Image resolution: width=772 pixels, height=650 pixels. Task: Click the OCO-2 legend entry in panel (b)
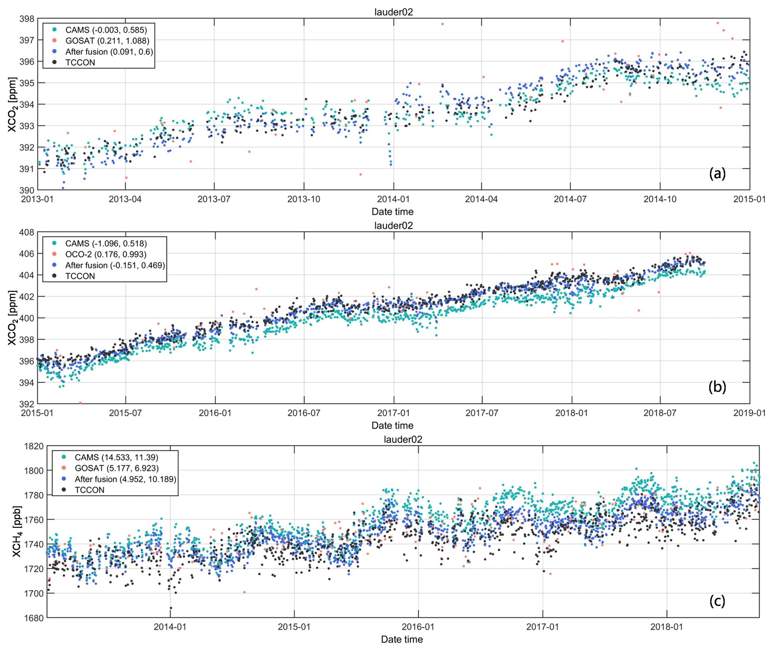(x=105, y=254)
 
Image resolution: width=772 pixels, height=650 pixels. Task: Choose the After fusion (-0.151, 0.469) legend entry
(x=115, y=265)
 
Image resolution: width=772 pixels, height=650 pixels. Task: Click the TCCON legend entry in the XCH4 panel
(x=89, y=489)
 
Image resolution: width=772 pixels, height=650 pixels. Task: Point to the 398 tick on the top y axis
(x=27, y=19)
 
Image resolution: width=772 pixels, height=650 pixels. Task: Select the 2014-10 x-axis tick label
(x=660, y=199)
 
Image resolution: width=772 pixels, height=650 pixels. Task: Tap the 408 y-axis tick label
(x=27, y=232)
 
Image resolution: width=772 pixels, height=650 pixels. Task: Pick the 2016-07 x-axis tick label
(x=304, y=413)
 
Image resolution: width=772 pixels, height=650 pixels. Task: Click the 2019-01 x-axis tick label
(x=749, y=413)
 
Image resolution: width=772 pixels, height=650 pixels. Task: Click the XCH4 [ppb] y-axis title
(x=17, y=532)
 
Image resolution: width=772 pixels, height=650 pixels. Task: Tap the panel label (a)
(x=717, y=173)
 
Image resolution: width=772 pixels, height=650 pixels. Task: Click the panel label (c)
(x=717, y=601)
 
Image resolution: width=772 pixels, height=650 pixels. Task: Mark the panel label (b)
(x=717, y=387)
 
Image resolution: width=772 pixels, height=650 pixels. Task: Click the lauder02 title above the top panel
(x=394, y=12)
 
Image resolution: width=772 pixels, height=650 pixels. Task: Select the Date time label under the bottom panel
(x=402, y=639)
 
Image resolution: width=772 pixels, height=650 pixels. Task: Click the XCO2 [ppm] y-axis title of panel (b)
(x=12, y=318)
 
